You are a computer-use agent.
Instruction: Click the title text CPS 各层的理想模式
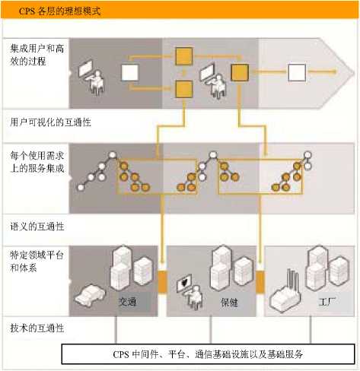(x=60, y=11)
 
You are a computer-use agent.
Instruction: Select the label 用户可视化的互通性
(x=50, y=122)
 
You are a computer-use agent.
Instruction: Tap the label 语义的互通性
(x=37, y=227)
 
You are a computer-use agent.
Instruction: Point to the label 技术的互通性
(x=37, y=328)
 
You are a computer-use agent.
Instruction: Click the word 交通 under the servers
(x=128, y=302)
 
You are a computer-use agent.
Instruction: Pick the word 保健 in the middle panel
(x=229, y=302)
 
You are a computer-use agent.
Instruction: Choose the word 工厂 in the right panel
(x=327, y=302)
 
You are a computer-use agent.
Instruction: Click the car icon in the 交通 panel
(x=90, y=295)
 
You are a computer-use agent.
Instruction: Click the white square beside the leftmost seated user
(x=130, y=72)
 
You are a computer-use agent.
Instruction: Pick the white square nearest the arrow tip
(x=297, y=72)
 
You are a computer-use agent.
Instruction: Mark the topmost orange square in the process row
(x=184, y=55)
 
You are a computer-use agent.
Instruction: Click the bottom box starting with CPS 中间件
(x=208, y=354)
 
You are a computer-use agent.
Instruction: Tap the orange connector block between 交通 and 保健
(x=162, y=281)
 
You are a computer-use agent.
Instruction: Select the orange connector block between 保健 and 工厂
(x=260, y=281)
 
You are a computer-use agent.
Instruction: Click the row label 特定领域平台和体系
(x=37, y=261)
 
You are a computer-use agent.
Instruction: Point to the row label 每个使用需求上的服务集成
(x=37, y=162)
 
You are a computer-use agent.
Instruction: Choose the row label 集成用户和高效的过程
(x=37, y=55)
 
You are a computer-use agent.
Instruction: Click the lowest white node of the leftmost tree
(x=81, y=188)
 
